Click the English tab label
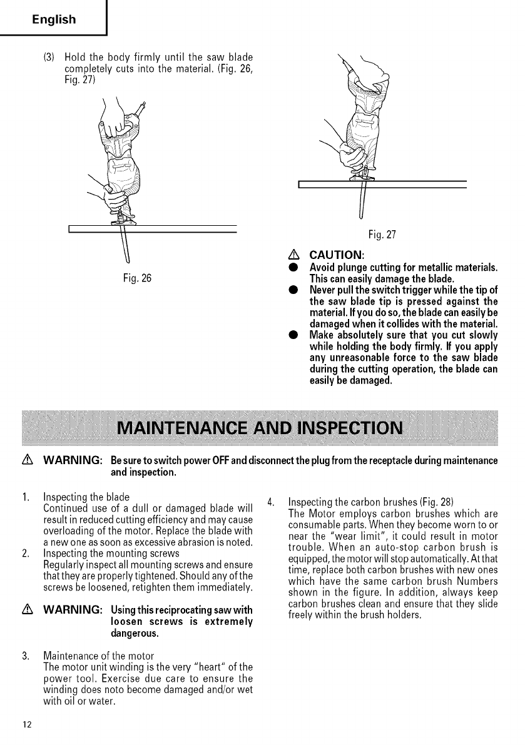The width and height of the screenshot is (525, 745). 54,19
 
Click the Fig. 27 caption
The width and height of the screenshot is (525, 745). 382,235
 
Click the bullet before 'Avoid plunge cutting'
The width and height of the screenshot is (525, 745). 292,268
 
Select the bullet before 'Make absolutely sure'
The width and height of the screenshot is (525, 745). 292,335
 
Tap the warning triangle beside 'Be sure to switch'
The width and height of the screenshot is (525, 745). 26,461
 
